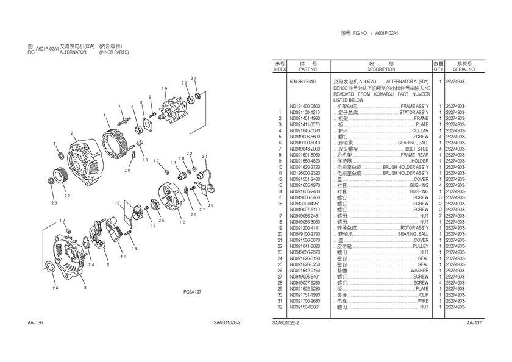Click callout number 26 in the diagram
coord(55,288)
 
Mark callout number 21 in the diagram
coord(194,79)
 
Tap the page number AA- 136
coord(35,322)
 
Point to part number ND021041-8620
coord(304,246)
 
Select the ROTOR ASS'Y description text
coord(414,227)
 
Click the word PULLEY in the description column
coord(421,246)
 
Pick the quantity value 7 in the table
coord(439,215)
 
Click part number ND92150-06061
coord(304,307)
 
